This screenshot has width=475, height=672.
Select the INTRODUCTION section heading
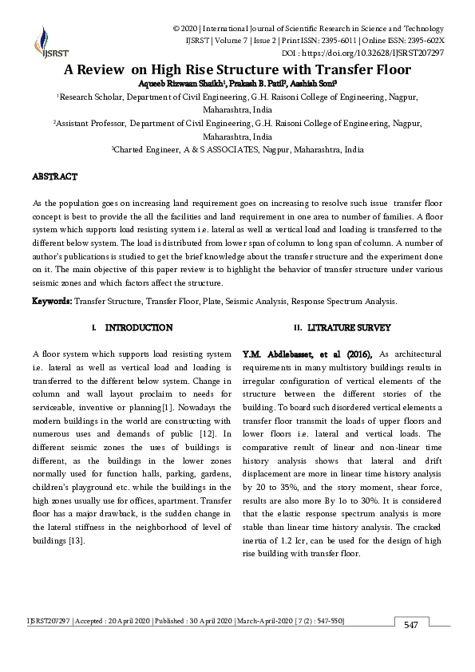(x=138, y=328)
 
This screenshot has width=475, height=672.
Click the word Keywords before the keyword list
(x=52, y=302)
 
